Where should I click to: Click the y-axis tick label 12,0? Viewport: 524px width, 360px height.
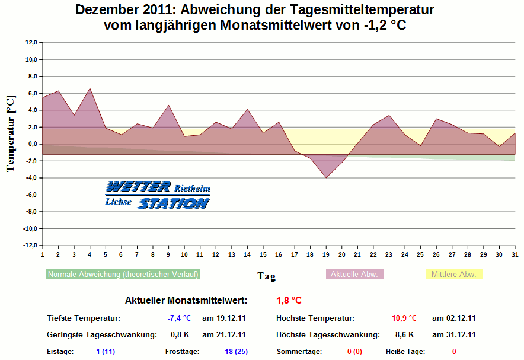[31, 43]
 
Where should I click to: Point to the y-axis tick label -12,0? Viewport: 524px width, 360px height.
[30, 246]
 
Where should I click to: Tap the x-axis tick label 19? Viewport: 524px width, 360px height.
[325, 254]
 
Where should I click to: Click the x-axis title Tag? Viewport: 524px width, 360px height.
[266, 276]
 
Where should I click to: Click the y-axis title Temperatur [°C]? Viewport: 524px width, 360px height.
[10, 135]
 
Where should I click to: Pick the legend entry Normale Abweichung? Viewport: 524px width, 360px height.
[123, 274]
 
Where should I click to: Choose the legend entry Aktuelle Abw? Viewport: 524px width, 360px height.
[354, 274]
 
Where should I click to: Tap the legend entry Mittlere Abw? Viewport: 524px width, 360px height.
[453, 274]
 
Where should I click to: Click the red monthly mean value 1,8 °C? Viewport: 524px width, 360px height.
[289, 301]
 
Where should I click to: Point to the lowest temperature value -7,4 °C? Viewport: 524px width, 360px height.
[179, 318]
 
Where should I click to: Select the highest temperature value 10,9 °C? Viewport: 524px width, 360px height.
[405, 318]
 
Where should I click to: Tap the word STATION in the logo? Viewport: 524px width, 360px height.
[174, 204]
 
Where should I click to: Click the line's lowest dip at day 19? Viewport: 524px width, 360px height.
[325, 177]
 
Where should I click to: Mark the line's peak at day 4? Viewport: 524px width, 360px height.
[90, 88]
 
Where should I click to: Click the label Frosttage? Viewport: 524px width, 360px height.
[182, 352]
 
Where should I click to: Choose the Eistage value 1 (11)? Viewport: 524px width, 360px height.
[106, 352]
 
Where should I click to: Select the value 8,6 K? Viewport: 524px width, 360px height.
[405, 334]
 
